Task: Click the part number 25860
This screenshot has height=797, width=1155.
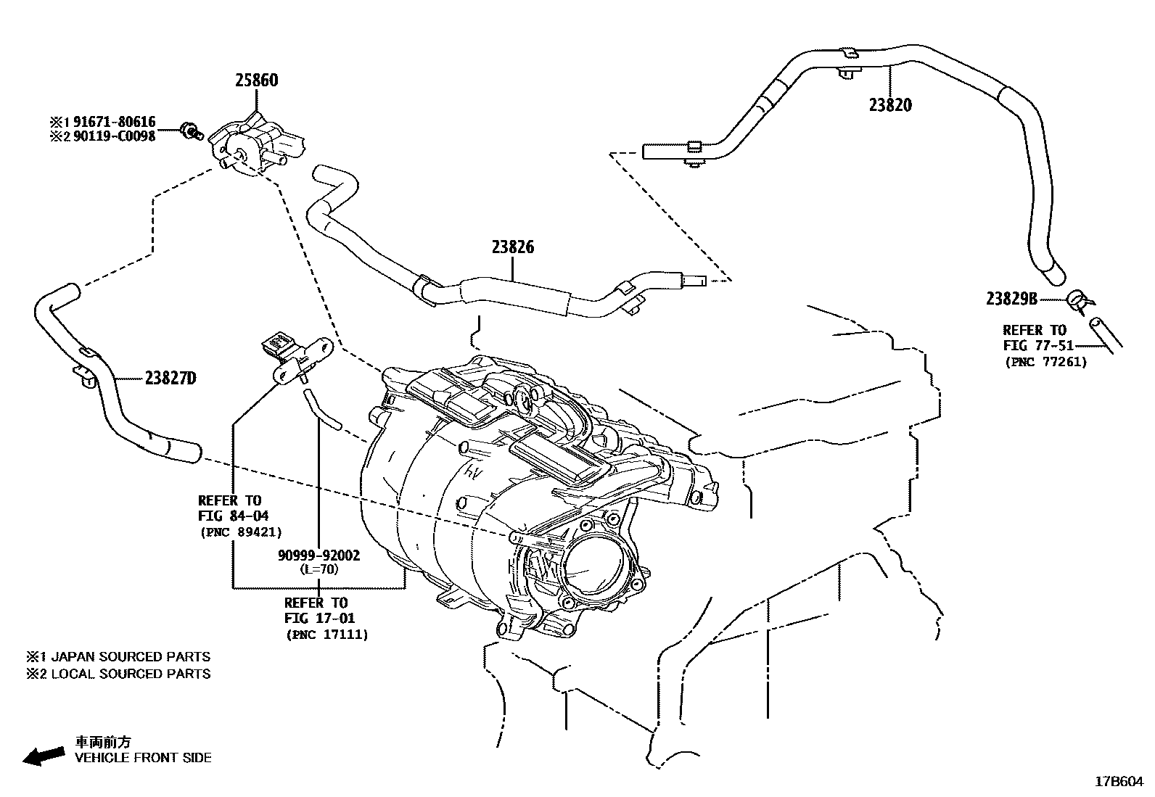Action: (256, 80)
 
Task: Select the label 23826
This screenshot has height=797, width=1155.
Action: (512, 247)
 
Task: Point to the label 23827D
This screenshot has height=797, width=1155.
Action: (170, 378)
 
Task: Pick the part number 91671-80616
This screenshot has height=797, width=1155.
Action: (112, 123)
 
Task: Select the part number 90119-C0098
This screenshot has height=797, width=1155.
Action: (112, 136)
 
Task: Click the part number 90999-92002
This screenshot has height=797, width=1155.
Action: (318, 556)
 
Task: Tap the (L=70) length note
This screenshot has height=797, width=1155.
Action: (318, 569)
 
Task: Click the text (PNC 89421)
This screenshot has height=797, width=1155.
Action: (241, 532)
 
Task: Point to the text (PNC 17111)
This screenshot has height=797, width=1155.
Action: (326, 635)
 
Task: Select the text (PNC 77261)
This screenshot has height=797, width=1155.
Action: (1045, 362)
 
